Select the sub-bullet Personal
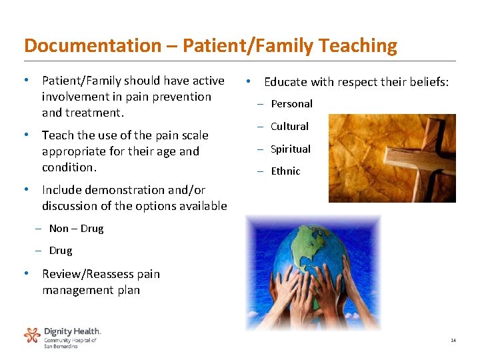(291, 104)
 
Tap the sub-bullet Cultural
(289, 127)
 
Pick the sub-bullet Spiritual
(291, 149)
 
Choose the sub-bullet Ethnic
(285, 171)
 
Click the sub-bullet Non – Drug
(76, 229)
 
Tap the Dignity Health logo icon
(32, 335)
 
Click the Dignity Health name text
(72, 331)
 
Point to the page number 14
(453, 341)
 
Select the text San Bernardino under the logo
(61, 346)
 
